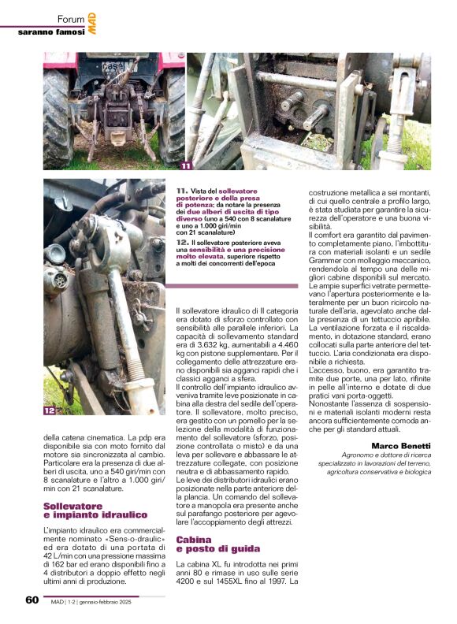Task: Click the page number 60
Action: point(32,599)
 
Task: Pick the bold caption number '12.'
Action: point(182,242)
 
